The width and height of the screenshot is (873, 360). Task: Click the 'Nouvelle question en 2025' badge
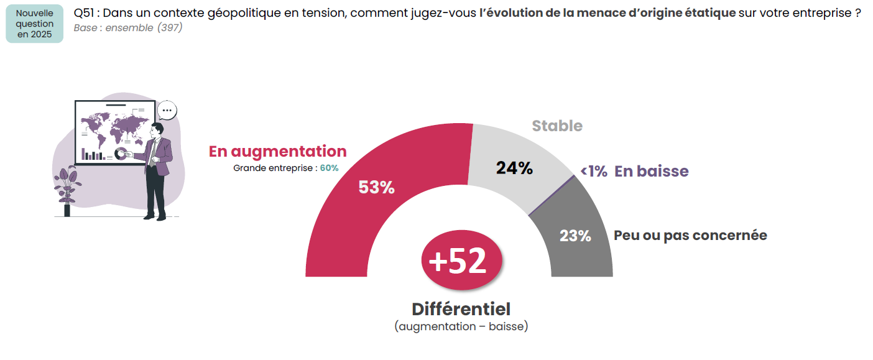pyautogui.click(x=34, y=24)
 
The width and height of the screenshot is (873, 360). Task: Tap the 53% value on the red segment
pyautogui.click(x=376, y=187)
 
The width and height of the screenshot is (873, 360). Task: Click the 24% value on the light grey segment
pyautogui.click(x=514, y=168)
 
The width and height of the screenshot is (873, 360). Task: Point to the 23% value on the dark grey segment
pyautogui.click(x=575, y=236)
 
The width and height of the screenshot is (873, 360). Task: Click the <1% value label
pyautogui.click(x=594, y=172)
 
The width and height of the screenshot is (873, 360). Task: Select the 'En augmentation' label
pyautogui.click(x=277, y=151)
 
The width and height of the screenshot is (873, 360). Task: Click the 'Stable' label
pyautogui.click(x=557, y=126)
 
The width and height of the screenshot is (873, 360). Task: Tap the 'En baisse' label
pyautogui.click(x=651, y=172)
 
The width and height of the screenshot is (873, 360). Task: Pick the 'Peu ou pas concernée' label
pyautogui.click(x=690, y=236)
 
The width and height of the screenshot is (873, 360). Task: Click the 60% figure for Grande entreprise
pyautogui.click(x=329, y=168)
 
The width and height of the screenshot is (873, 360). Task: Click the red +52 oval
pyautogui.click(x=457, y=262)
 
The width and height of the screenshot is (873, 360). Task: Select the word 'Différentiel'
pyautogui.click(x=461, y=309)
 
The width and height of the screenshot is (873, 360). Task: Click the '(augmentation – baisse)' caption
pyautogui.click(x=461, y=326)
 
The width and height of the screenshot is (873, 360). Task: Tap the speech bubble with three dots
pyautogui.click(x=167, y=111)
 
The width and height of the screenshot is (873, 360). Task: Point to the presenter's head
pyautogui.click(x=157, y=129)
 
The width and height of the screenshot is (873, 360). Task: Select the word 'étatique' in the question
pyautogui.click(x=708, y=13)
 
